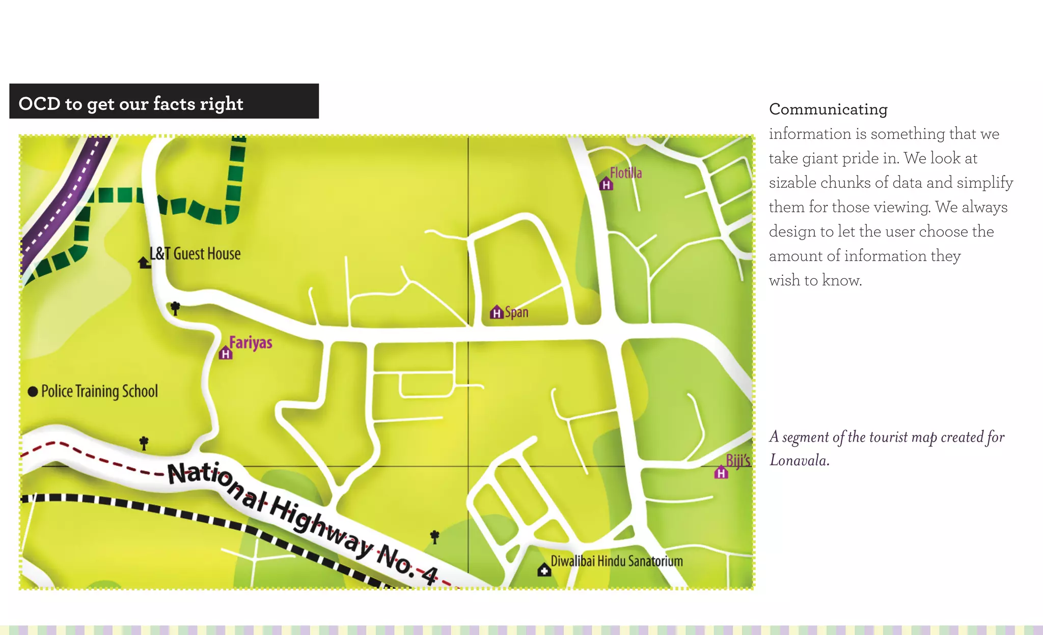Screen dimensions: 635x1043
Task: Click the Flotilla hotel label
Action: [x=626, y=173]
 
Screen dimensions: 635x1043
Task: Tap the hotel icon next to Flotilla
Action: [x=606, y=184]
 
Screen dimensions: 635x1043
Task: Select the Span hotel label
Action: [x=516, y=312]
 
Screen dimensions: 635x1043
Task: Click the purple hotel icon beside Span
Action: [x=497, y=312]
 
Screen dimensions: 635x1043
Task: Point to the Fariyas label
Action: [x=251, y=342]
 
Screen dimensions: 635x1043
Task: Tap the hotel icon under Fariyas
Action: [x=226, y=353]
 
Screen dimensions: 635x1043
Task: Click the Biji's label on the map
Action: [x=738, y=460]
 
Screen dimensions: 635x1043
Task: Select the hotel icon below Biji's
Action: [x=721, y=473]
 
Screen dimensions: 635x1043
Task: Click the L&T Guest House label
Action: [x=195, y=253]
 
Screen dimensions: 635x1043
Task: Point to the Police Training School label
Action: [x=99, y=391]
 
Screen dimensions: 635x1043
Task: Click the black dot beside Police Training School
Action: [x=33, y=391]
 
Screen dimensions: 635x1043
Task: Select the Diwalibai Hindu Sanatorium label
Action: [x=617, y=561]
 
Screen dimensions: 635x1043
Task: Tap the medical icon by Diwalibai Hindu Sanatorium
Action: [x=544, y=570]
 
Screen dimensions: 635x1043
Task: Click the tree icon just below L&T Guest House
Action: [x=175, y=308]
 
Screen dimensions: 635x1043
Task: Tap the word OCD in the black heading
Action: [x=39, y=104]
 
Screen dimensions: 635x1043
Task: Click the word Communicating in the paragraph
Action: [x=828, y=109]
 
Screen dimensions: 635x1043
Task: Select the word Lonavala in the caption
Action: [x=799, y=460]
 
